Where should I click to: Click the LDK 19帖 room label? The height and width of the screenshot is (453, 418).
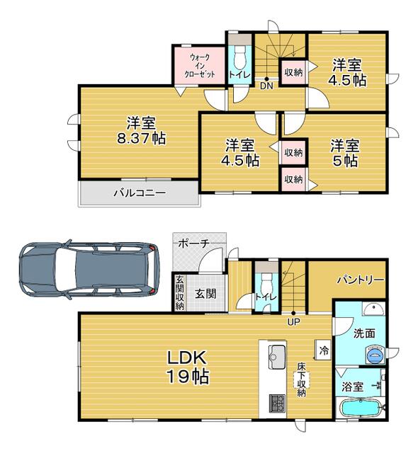(188, 367)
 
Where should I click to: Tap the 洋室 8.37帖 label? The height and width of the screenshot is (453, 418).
(142, 130)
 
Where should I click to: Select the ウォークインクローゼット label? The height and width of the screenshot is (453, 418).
(200, 66)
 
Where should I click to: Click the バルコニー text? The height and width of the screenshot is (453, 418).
(140, 193)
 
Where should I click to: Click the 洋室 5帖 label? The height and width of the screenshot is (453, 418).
(345, 153)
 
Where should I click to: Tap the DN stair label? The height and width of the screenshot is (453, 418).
(266, 86)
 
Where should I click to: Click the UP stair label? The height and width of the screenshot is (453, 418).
(293, 322)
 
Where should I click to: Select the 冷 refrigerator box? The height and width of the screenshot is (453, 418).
(324, 350)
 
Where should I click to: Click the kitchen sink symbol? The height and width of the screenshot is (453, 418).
(276, 357)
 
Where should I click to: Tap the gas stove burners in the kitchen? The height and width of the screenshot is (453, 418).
(277, 403)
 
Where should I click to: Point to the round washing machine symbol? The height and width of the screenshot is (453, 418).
(375, 355)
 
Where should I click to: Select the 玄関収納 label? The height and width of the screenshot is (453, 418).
(179, 292)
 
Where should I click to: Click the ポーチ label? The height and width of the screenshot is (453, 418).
(193, 243)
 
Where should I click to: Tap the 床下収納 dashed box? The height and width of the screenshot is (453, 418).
(302, 379)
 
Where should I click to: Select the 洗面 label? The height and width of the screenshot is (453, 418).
(364, 333)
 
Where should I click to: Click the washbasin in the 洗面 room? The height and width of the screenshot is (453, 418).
(374, 309)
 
